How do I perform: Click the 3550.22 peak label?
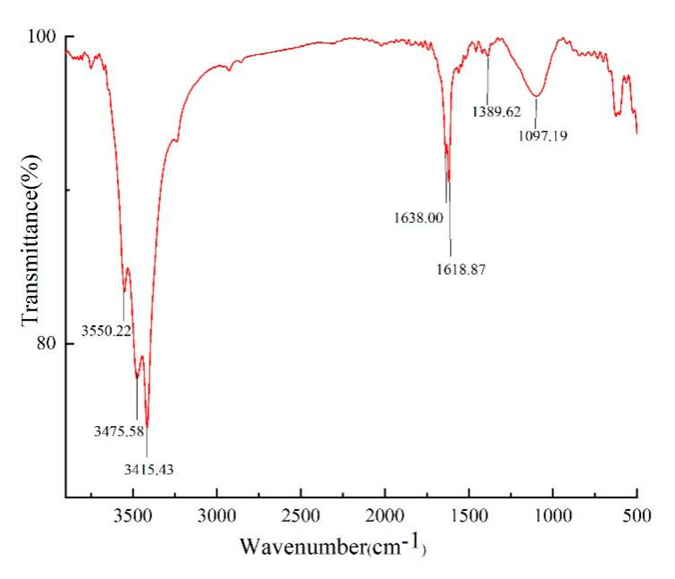coord(106,331)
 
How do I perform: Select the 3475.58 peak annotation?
coord(119,431)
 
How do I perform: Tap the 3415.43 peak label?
coord(149,469)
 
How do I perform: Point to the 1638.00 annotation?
coord(418,217)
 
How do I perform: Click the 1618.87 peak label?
coord(461,269)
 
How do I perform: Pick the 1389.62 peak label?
coord(497,111)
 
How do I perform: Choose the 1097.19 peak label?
coord(543,135)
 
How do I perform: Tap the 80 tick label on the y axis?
coord(46,343)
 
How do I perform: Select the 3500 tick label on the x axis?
coord(133,515)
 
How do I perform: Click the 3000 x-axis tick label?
coord(217,515)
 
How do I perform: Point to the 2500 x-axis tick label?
coord(300,515)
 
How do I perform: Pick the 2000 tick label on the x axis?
coord(385,515)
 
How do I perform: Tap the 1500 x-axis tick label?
coord(469,515)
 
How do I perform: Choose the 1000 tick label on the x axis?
coord(553,515)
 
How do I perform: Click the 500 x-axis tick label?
coord(636,515)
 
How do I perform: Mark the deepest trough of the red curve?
coord(147,427)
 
